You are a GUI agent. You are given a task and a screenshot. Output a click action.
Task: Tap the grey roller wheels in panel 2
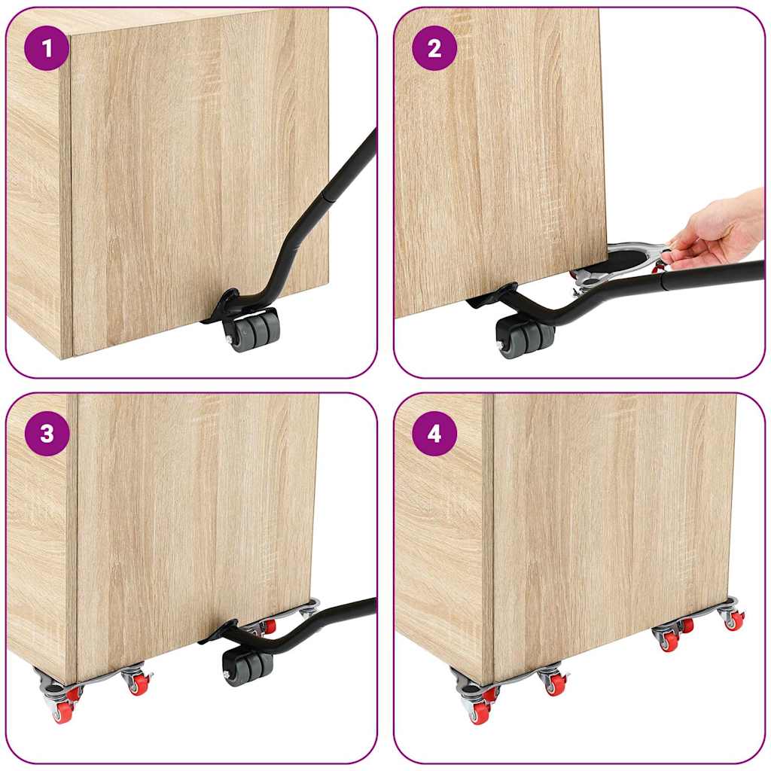coord(524,337)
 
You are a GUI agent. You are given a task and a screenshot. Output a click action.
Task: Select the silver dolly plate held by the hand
coord(625,260)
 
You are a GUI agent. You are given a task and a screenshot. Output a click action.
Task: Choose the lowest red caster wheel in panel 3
coord(62,712)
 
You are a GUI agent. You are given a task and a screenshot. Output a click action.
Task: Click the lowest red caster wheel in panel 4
coord(479,712)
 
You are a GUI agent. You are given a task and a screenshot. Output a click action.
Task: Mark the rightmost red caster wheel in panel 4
coord(734,620)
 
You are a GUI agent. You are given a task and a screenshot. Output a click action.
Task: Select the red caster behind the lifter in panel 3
coord(268,626)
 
